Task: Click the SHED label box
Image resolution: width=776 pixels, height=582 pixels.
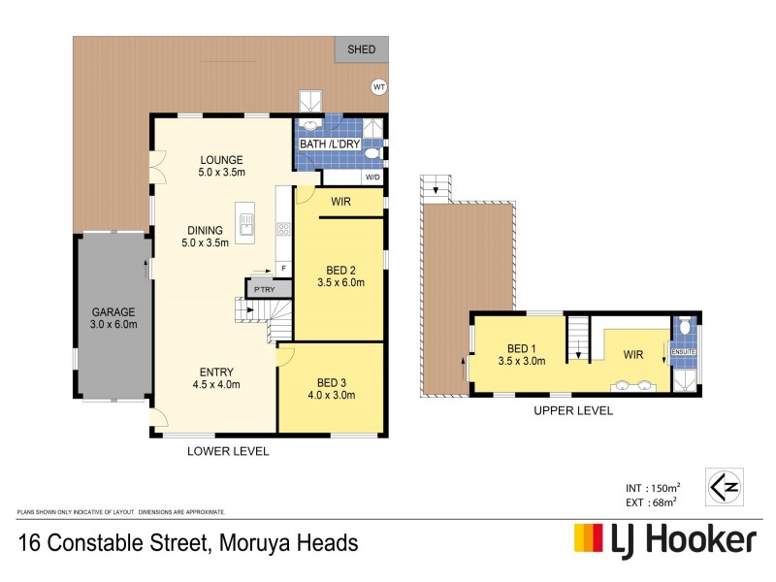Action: [361, 49]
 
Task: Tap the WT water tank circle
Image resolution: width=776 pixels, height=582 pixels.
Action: [379, 87]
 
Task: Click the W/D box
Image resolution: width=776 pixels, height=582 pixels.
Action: [372, 178]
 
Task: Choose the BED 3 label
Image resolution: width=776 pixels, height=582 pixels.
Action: [332, 388]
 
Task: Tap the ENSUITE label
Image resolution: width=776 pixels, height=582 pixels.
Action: [684, 351]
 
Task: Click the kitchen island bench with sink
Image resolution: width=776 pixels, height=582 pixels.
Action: [247, 223]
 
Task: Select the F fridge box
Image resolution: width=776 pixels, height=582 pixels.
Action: [282, 267]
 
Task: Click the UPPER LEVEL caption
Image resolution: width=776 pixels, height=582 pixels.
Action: [572, 411]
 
